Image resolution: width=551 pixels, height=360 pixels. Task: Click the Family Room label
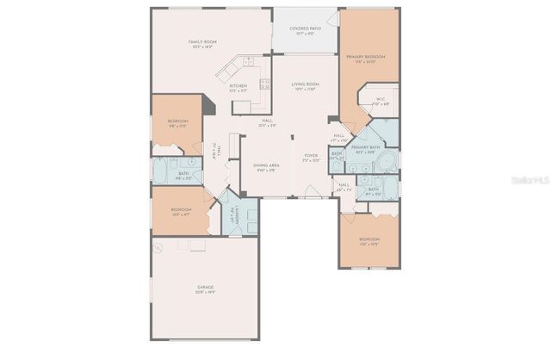202,41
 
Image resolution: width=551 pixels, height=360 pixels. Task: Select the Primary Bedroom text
366,57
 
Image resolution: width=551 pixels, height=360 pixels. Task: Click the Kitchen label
238,86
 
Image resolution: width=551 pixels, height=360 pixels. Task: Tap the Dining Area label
265,165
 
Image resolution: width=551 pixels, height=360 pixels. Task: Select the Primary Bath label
365,148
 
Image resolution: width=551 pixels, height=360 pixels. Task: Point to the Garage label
205,287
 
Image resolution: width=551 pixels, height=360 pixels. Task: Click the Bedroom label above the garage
181,210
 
